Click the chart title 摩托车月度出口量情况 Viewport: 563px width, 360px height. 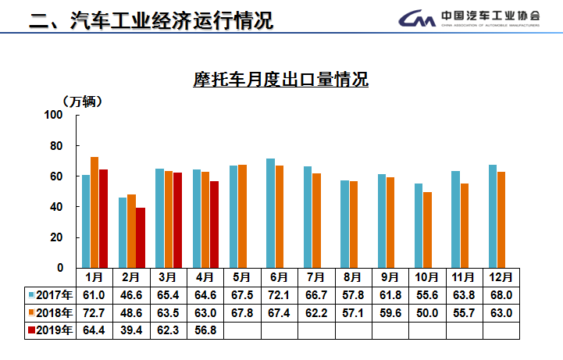pos(280,80)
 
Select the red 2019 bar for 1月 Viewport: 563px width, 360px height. pos(103,218)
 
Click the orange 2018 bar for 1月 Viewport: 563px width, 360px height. pos(94,212)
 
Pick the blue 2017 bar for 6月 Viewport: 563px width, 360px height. pos(270,212)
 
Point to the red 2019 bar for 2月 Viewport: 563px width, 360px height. pos(141,237)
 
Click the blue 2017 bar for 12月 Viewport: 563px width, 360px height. pos(493,216)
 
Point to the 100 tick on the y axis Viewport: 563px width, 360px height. pos(53,115)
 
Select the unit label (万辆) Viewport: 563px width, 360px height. pos(82,101)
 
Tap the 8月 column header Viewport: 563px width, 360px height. pos(352,276)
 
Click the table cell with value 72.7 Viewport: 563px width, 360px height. pos(94,313)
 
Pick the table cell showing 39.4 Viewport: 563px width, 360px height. pos(131,330)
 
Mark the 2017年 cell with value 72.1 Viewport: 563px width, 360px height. pos(279,295)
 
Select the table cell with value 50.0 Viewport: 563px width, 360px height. pos(426,313)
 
